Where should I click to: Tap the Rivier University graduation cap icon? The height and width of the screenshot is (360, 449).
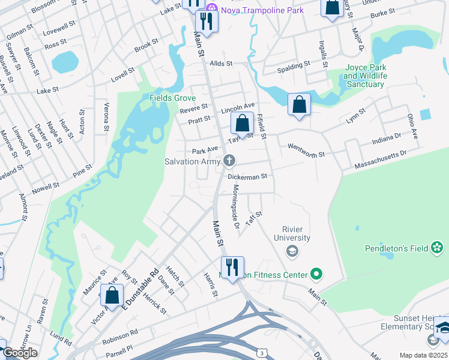tap(292, 251)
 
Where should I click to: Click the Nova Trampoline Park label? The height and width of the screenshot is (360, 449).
tap(262, 10)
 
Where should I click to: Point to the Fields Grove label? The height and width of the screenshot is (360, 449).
tap(173, 98)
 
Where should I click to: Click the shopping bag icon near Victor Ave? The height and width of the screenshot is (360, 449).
tap(112, 295)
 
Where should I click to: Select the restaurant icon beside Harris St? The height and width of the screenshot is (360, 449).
tap(232, 266)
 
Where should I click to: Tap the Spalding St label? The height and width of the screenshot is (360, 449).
tap(294, 63)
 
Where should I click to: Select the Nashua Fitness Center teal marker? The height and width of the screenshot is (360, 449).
tap(316, 275)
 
